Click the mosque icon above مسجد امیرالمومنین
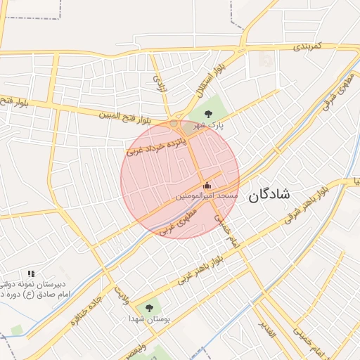coord(206,186)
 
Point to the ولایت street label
coord(122,295)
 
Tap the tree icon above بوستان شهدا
coord(148,307)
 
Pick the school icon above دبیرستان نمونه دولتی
coord(30,273)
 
